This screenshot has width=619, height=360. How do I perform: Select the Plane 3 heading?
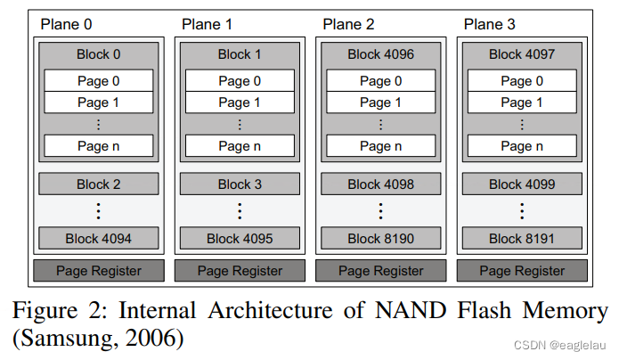click(x=489, y=23)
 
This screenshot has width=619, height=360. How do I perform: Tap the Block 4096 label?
click(x=380, y=54)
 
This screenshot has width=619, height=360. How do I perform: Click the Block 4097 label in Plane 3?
click(x=521, y=54)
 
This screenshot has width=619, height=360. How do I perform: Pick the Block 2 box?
click(x=98, y=184)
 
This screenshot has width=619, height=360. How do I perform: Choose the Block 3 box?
click(x=240, y=184)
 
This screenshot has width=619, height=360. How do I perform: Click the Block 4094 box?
click(x=98, y=238)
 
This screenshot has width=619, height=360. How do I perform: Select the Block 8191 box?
click(x=521, y=238)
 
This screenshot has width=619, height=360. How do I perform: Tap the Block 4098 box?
click(x=380, y=184)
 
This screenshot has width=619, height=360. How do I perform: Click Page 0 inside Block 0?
click(x=99, y=81)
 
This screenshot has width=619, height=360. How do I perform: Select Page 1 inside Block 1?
click(x=240, y=102)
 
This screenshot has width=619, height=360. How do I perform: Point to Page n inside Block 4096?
click(x=380, y=145)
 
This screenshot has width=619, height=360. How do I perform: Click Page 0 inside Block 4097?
click(x=521, y=81)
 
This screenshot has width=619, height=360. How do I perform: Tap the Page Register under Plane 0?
click(x=98, y=270)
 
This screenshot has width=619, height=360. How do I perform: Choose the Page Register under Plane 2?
click(x=380, y=270)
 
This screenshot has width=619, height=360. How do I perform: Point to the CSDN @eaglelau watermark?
click(x=563, y=342)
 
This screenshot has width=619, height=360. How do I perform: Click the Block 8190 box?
click(x=380, y=238)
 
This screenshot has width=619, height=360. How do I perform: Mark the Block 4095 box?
click(x=240, y=238)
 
